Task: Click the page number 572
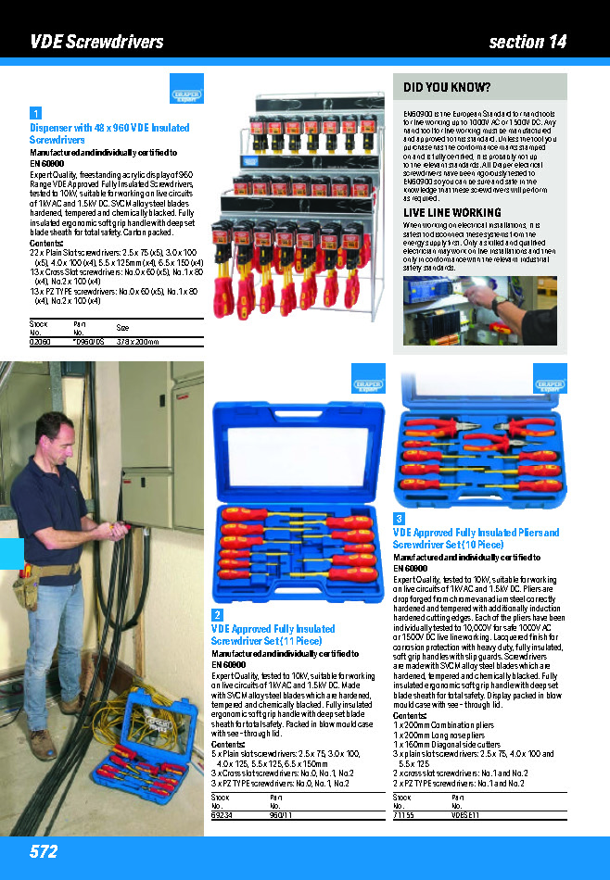44,851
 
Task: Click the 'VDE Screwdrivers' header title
96,42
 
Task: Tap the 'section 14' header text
527,42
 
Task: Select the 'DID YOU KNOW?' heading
447,88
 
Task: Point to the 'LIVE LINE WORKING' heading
451,213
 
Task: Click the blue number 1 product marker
35,114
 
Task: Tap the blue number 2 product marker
217,615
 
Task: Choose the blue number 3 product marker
399,519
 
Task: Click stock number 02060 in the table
40,342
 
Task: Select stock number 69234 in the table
222,814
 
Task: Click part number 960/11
281,814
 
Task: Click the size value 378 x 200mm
136,342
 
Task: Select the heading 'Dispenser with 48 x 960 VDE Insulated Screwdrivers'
109,133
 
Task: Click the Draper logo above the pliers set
549,384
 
